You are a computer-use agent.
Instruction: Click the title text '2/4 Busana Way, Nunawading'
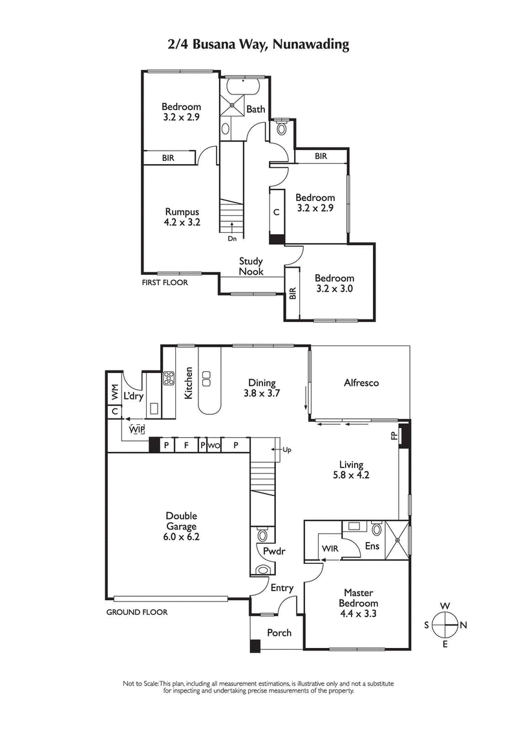[x=258, y=45]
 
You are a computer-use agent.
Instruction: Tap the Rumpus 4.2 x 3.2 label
[x=181, y=217]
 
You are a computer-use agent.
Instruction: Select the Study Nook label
[x=251, y=266]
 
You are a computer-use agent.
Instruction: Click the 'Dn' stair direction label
[x=231, y=239]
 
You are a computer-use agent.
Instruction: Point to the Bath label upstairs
[x=255, y=109]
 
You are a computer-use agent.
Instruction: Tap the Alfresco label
[x=361, y=383]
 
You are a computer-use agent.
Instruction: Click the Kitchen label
[x=189, y=383]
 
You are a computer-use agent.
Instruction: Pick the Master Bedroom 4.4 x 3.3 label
[x=357, y=603]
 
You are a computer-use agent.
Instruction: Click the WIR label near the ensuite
[x=330, y=549]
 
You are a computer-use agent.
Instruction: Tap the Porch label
[x=279, y=632]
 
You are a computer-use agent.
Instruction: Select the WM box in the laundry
[x=114, y=392]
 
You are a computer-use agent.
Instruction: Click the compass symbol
[x=445, y=625]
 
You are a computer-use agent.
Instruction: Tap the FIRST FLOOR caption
[x=165, y=283]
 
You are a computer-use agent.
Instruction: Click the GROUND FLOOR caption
[x=136, y=612]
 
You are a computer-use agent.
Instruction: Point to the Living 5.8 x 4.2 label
[x=352, y=469]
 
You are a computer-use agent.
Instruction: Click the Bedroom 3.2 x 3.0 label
[x=334, y=284]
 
